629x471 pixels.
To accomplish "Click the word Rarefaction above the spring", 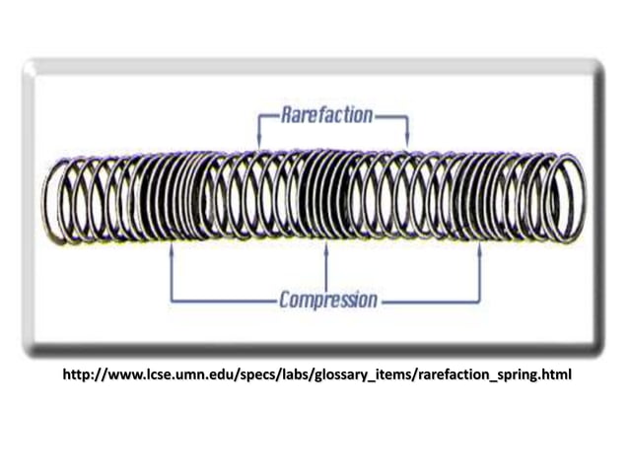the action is (x=326, y=115).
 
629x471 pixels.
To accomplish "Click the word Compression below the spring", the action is (x=327, y=299).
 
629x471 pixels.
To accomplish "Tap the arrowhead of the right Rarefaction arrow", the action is (x=407, y=145).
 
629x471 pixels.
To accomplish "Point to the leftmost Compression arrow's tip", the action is (x=173, y=247).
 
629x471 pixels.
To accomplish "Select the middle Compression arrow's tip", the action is (x=326, y=247).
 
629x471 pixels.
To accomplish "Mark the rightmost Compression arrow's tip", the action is (x=480, y=247).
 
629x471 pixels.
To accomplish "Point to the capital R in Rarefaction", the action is (x=286, y=115).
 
